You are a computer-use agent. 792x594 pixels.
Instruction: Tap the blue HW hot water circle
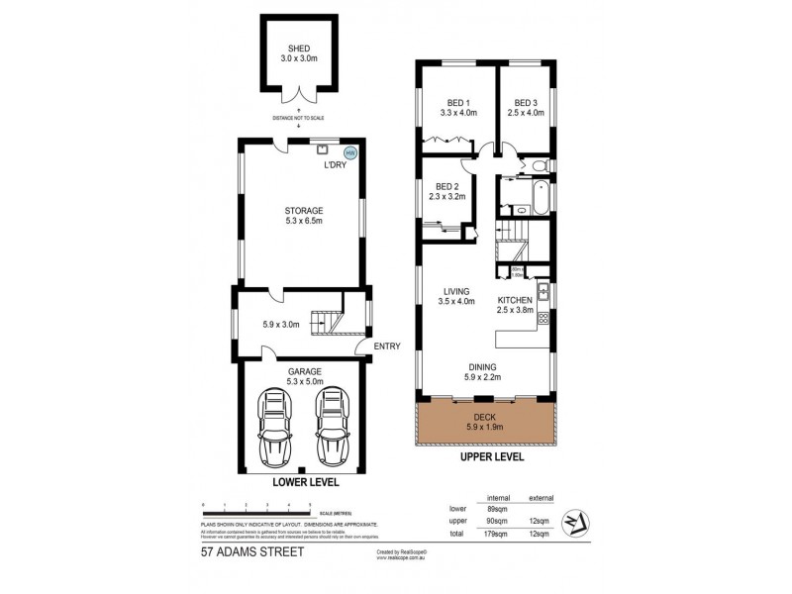point(348,152)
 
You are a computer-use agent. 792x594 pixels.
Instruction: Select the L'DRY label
point(334,164)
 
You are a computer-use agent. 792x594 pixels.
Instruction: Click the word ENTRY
point(388,346)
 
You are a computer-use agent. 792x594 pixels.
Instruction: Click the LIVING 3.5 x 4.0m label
point(457,295)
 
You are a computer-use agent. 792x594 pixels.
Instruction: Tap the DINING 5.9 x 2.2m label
point(483,371)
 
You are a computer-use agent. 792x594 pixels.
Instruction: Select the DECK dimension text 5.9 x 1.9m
point(484,427)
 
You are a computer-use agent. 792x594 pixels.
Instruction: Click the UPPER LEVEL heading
point(483,461)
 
